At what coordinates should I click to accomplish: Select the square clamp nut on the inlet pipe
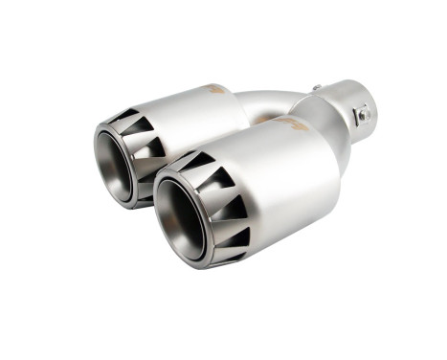(364, 115)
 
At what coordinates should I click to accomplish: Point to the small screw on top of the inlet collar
(316, 89)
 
